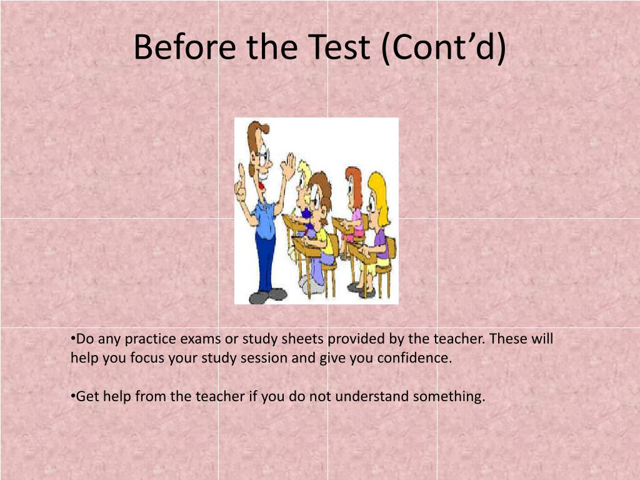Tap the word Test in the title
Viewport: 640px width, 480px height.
click(339, 47)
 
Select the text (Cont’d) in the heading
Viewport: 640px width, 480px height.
click(444, 47)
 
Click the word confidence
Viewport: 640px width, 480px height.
click(414, 358)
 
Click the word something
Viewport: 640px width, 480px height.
click(449, 397)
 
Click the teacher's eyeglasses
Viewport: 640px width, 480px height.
click(263, 156)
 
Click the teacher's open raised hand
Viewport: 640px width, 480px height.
click(289, 166)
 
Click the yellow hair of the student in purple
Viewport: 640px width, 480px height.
click(379, 196)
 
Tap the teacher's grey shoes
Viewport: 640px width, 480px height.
click(267, 296)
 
